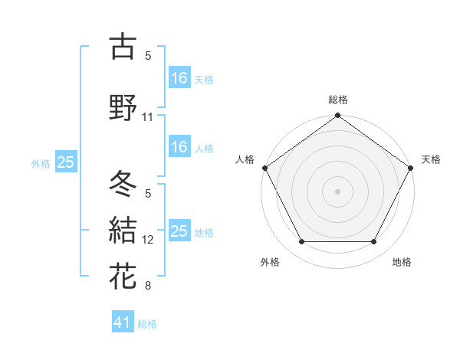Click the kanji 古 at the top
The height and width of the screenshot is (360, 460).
(123, 47)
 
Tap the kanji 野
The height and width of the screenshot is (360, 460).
(123, 107)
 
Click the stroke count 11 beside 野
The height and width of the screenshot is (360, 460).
(148, 117)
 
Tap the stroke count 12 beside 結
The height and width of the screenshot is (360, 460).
(148, 240)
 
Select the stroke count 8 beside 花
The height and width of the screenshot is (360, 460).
(148, 286)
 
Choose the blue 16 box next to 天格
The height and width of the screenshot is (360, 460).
(179, 77)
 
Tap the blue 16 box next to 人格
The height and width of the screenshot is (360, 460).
(179, 147)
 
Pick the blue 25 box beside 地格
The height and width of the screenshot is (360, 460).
(179, 231)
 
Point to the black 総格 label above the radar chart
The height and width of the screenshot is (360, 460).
(338, 100)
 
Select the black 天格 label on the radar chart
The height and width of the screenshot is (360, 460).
(431, 159)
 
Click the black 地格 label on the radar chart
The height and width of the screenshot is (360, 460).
(402, 262)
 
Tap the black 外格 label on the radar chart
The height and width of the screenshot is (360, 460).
(270, 262)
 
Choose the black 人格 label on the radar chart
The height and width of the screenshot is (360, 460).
(245, 159)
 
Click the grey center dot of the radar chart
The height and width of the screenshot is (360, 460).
(338, 191)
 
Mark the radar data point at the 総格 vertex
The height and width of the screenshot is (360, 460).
(338, 116)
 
